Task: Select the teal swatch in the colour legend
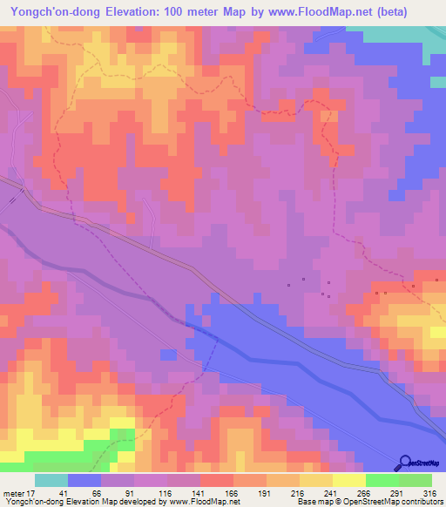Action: click(51, 480)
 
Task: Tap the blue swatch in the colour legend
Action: click(84, 480)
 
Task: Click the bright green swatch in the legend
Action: click(382, 480)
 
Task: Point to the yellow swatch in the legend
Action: click(349, 480)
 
